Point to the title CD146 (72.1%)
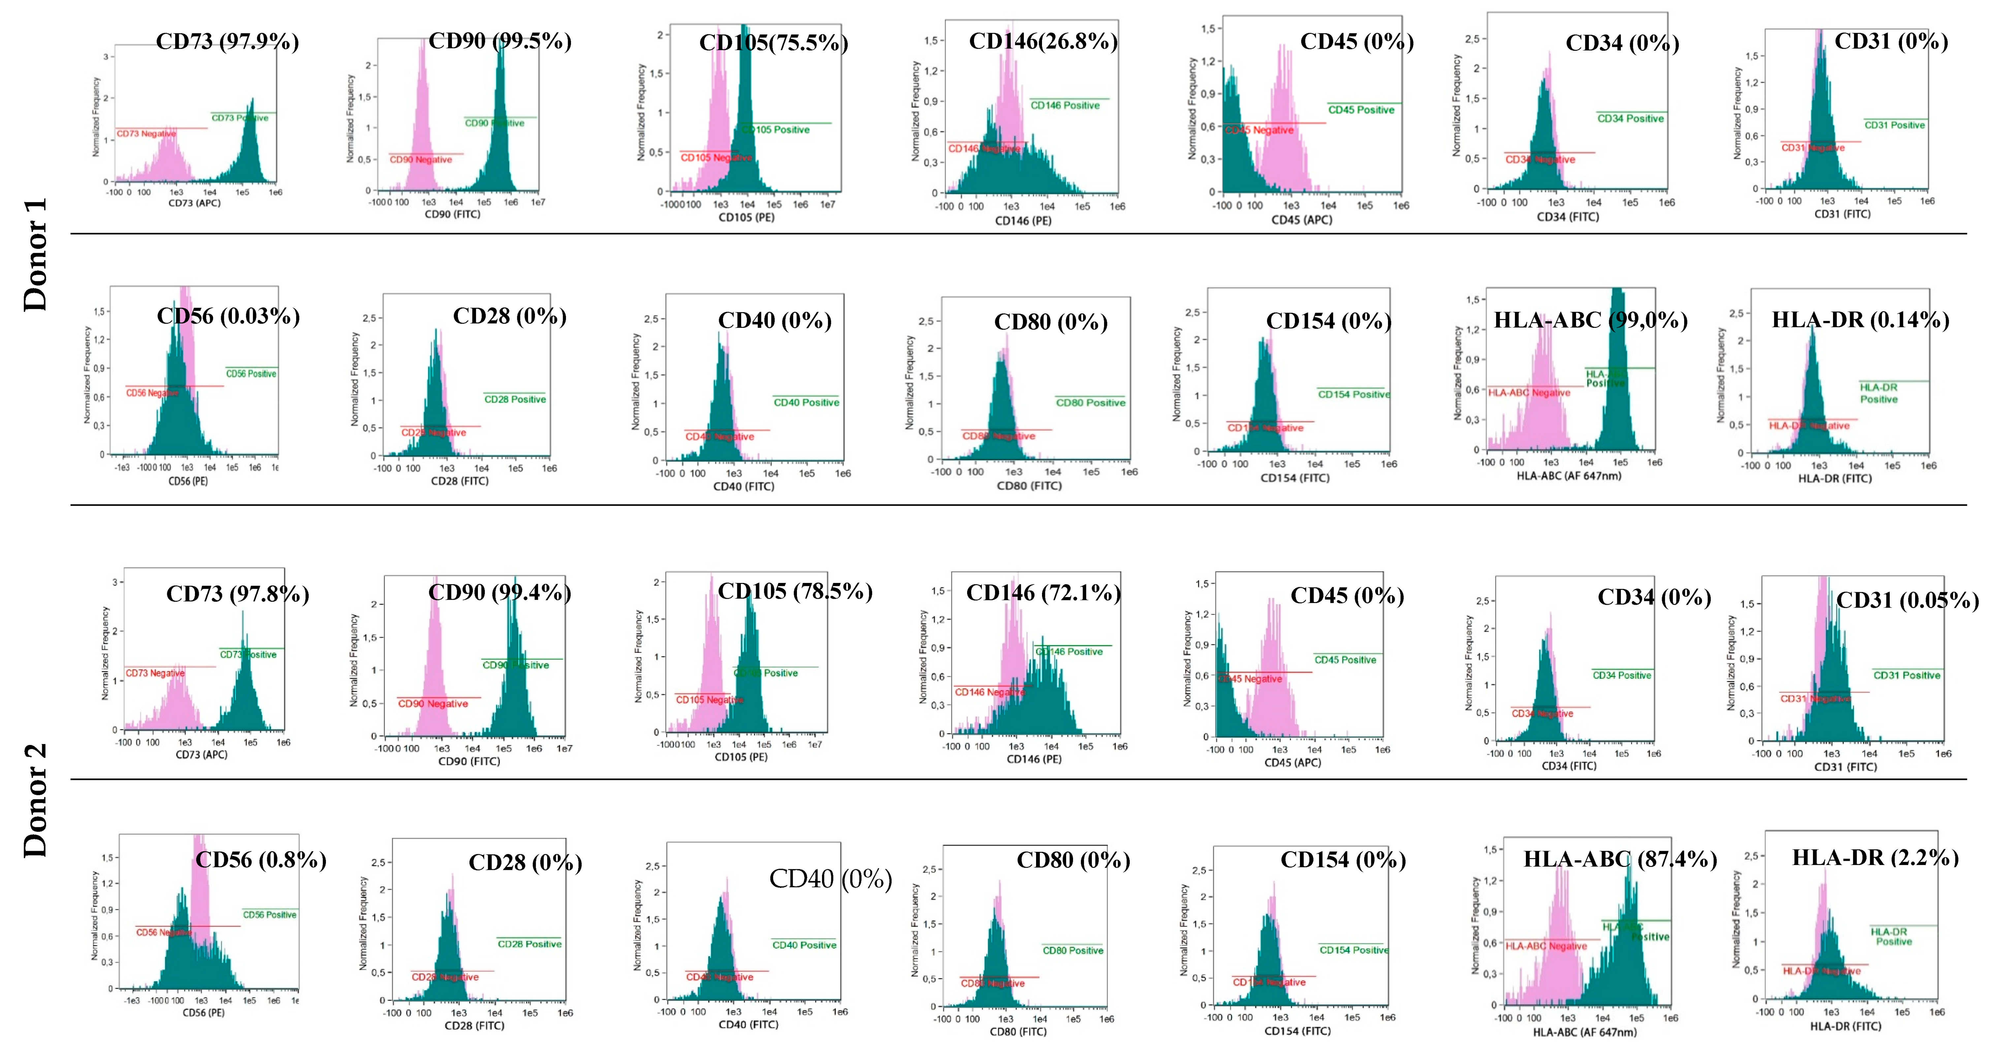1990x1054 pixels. (1043, 593)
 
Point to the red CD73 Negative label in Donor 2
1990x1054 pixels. (155, 673)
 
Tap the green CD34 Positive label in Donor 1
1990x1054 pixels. (1630, 118)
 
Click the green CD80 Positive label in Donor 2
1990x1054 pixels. (1073, 950)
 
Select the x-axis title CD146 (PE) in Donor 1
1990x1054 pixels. (1023, 221)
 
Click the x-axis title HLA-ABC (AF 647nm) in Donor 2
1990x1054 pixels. (1584, 1032)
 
